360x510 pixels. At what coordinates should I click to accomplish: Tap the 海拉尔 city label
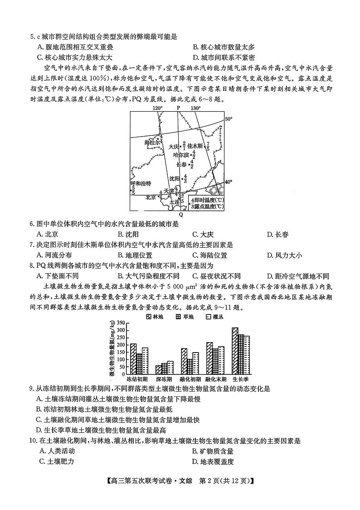152,142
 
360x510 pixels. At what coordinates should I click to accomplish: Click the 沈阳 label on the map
175,179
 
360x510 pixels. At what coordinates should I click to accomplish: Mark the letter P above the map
178,108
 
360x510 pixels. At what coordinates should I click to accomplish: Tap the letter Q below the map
181,214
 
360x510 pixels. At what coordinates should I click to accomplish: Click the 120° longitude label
157,108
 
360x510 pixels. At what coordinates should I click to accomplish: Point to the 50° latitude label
229,119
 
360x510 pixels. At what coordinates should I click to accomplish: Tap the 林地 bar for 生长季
235,351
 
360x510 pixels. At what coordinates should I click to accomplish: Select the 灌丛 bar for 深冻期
170,368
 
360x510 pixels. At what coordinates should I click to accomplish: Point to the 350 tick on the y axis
120,323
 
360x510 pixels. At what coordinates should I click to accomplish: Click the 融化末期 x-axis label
215,379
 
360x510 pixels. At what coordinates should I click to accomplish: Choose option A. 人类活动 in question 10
57,451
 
